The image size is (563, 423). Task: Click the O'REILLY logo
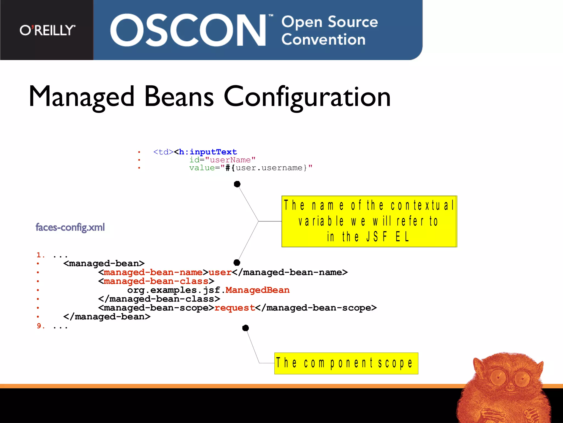click(x=47, y=30)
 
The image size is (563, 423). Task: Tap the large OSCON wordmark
click(x=188, y=30)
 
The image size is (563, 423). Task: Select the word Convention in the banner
click(x=323, y=40)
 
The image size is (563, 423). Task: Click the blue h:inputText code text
click(x=208, y=152)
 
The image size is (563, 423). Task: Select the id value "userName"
click(x=230, y=160)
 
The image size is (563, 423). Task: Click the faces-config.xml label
click(x=70, y=227)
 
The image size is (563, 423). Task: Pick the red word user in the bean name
click(x=220, y=272)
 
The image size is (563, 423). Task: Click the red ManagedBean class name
click(x=258, y=290)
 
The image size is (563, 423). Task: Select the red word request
click(x=235, y=308)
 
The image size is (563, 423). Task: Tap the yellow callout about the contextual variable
click(x=369, y=221)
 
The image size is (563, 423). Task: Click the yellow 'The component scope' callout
click(x=346, y=363)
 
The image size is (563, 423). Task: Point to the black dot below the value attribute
click(x=237, y=184)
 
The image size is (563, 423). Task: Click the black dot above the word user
click(x=237, y=262)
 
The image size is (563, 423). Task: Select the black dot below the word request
click(x=245, y=328)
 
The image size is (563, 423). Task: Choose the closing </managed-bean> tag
click(x=107, y=317)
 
